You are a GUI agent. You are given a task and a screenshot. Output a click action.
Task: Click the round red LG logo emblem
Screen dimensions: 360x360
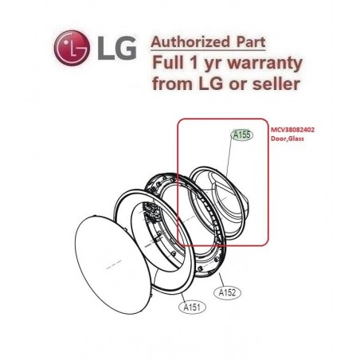coord(72,48)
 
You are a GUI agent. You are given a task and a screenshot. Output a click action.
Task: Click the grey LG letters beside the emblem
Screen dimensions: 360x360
coord(117,48)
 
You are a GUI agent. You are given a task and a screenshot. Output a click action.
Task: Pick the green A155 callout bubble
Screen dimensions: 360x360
coord(241,135)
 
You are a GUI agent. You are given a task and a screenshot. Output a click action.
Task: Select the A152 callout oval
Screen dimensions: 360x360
coord(227,292)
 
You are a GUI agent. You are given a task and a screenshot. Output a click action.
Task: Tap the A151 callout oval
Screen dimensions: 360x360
coord(193,307)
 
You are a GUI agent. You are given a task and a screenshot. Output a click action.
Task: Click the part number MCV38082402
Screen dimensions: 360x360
coord(292,130)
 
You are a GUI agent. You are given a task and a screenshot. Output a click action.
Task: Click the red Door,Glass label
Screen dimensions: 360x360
coord(288,139)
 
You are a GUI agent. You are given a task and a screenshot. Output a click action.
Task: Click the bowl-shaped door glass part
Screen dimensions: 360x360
coord(217,202)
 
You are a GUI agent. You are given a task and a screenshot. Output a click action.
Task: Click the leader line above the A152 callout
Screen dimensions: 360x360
coord(221,280)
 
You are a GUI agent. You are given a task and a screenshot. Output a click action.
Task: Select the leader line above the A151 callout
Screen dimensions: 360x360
coord(184,297)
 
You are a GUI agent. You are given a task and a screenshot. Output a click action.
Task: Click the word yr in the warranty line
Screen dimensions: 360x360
coord(213,65)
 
